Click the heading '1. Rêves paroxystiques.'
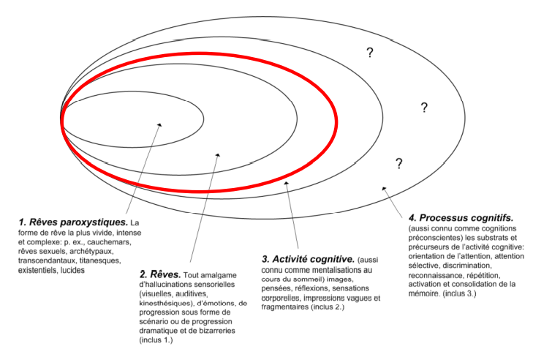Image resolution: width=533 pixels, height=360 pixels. click(73, 222)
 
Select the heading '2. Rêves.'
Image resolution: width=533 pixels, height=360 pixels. click(159, 274)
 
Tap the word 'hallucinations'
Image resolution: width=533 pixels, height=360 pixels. click(183, 284)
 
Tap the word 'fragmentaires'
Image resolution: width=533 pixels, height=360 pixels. click(289, 307)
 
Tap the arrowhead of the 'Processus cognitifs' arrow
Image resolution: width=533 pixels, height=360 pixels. click(382, 190)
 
